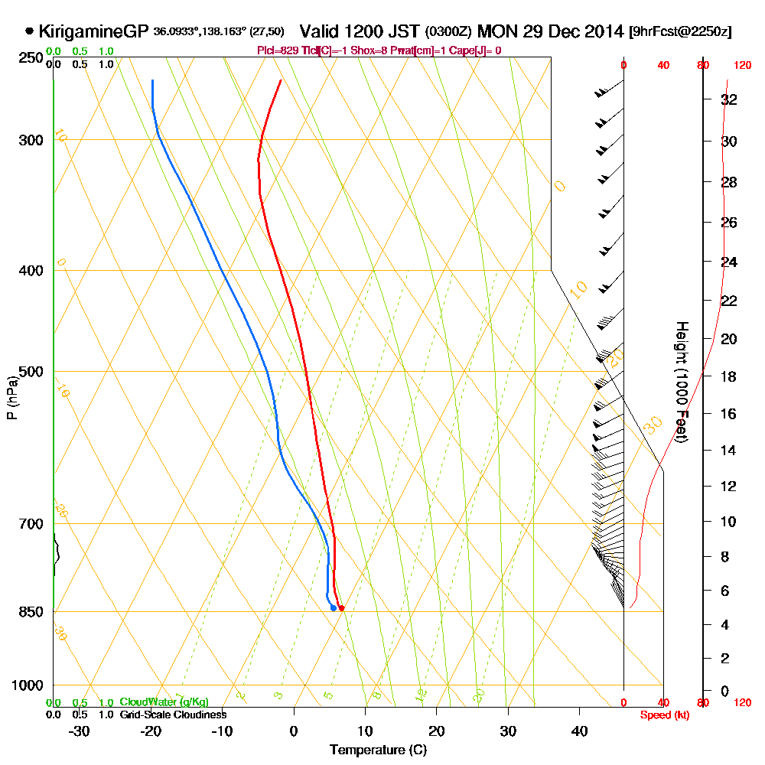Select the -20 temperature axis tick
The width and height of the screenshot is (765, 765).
(151, 731)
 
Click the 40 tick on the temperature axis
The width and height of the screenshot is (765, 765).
(579, 731)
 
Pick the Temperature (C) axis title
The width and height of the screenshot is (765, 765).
(378, 750)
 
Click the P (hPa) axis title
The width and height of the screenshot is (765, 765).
(12, 398)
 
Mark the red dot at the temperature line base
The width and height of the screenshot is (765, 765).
(341, 608)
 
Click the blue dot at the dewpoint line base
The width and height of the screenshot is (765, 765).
(334, 608)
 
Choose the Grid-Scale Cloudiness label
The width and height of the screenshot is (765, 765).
(173, 715)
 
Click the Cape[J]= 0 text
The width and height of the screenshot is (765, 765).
(476, 50)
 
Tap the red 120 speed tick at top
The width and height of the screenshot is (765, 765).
(741, 65)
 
